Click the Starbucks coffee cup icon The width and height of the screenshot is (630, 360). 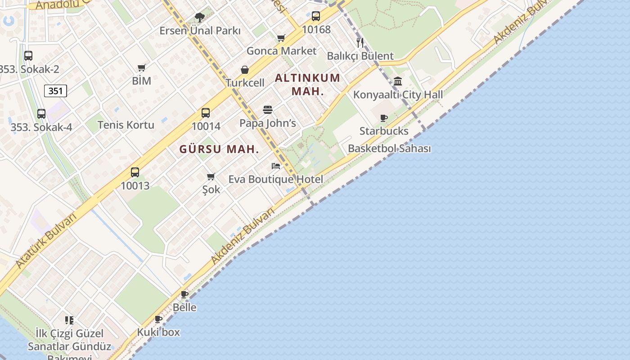(x=384, y=118)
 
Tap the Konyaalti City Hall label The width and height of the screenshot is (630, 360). (x=398, y=94)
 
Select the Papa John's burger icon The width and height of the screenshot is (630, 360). (x=268, y=110)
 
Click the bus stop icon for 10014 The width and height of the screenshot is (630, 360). (x=206, y=113)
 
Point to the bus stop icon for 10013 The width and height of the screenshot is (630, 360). (x=135, y=172)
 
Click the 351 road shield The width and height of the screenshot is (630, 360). (x=56, y=91)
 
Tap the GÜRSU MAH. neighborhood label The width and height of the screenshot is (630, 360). (x=219, y=149)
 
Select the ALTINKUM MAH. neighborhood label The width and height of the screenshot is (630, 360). (x=307, y=84)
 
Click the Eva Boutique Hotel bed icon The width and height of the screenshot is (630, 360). (x=276, y=166)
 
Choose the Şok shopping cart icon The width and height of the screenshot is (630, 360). (x=211, y=176)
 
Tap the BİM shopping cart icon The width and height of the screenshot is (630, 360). (x=142, y=68)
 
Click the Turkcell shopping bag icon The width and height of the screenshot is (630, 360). (x=245, y=70)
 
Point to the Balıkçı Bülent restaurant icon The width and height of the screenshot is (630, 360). (x=360, y=43)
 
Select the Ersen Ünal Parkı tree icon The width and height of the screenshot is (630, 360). (x=200, y=18)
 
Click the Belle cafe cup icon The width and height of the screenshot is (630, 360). (x=184, y=294)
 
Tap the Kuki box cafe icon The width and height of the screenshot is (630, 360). (x=158, y=319)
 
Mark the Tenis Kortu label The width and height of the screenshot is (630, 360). (x=126, y=125)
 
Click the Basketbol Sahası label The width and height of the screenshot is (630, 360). (x=389, y=148)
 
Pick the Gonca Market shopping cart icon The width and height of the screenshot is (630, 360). (x=281, y=38)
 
